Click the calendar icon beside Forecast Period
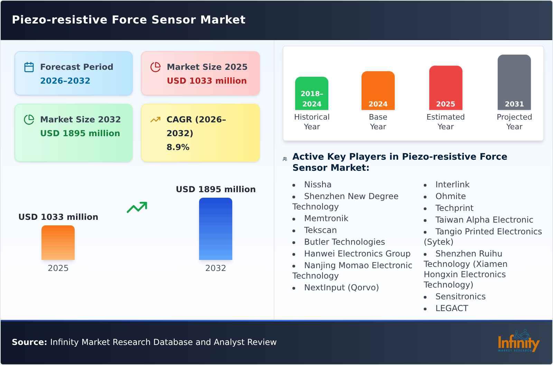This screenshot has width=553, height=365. coord(29,67)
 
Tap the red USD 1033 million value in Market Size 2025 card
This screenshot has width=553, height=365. coord(207,81)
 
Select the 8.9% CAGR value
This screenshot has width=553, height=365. coord(178,147)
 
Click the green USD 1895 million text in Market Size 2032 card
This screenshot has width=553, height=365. coord(80,133)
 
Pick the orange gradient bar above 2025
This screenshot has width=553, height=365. coord(58,243)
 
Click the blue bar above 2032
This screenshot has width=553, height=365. coord(216,229)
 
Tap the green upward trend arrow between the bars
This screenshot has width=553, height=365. coord(137,207)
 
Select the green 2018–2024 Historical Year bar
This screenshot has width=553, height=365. coord(312,93)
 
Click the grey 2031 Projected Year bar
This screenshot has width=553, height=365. coord(514,82)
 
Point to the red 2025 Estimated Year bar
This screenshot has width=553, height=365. coord(446,88)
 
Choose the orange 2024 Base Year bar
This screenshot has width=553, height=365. coord(378,91)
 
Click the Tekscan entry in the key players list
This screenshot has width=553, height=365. coord(320,230)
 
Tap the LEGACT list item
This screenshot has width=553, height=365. coord(452,308)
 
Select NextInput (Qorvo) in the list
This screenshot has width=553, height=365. coord(341,288)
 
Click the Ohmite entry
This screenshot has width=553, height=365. coord(450,196)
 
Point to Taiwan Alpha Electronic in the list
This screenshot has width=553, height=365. coord(484,220)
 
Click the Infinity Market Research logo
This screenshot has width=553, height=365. coord(518,341)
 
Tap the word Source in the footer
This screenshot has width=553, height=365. coord(29,342)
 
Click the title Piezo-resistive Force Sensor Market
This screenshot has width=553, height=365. coord(129,20)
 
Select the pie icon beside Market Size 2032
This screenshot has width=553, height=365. coord(29,120)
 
